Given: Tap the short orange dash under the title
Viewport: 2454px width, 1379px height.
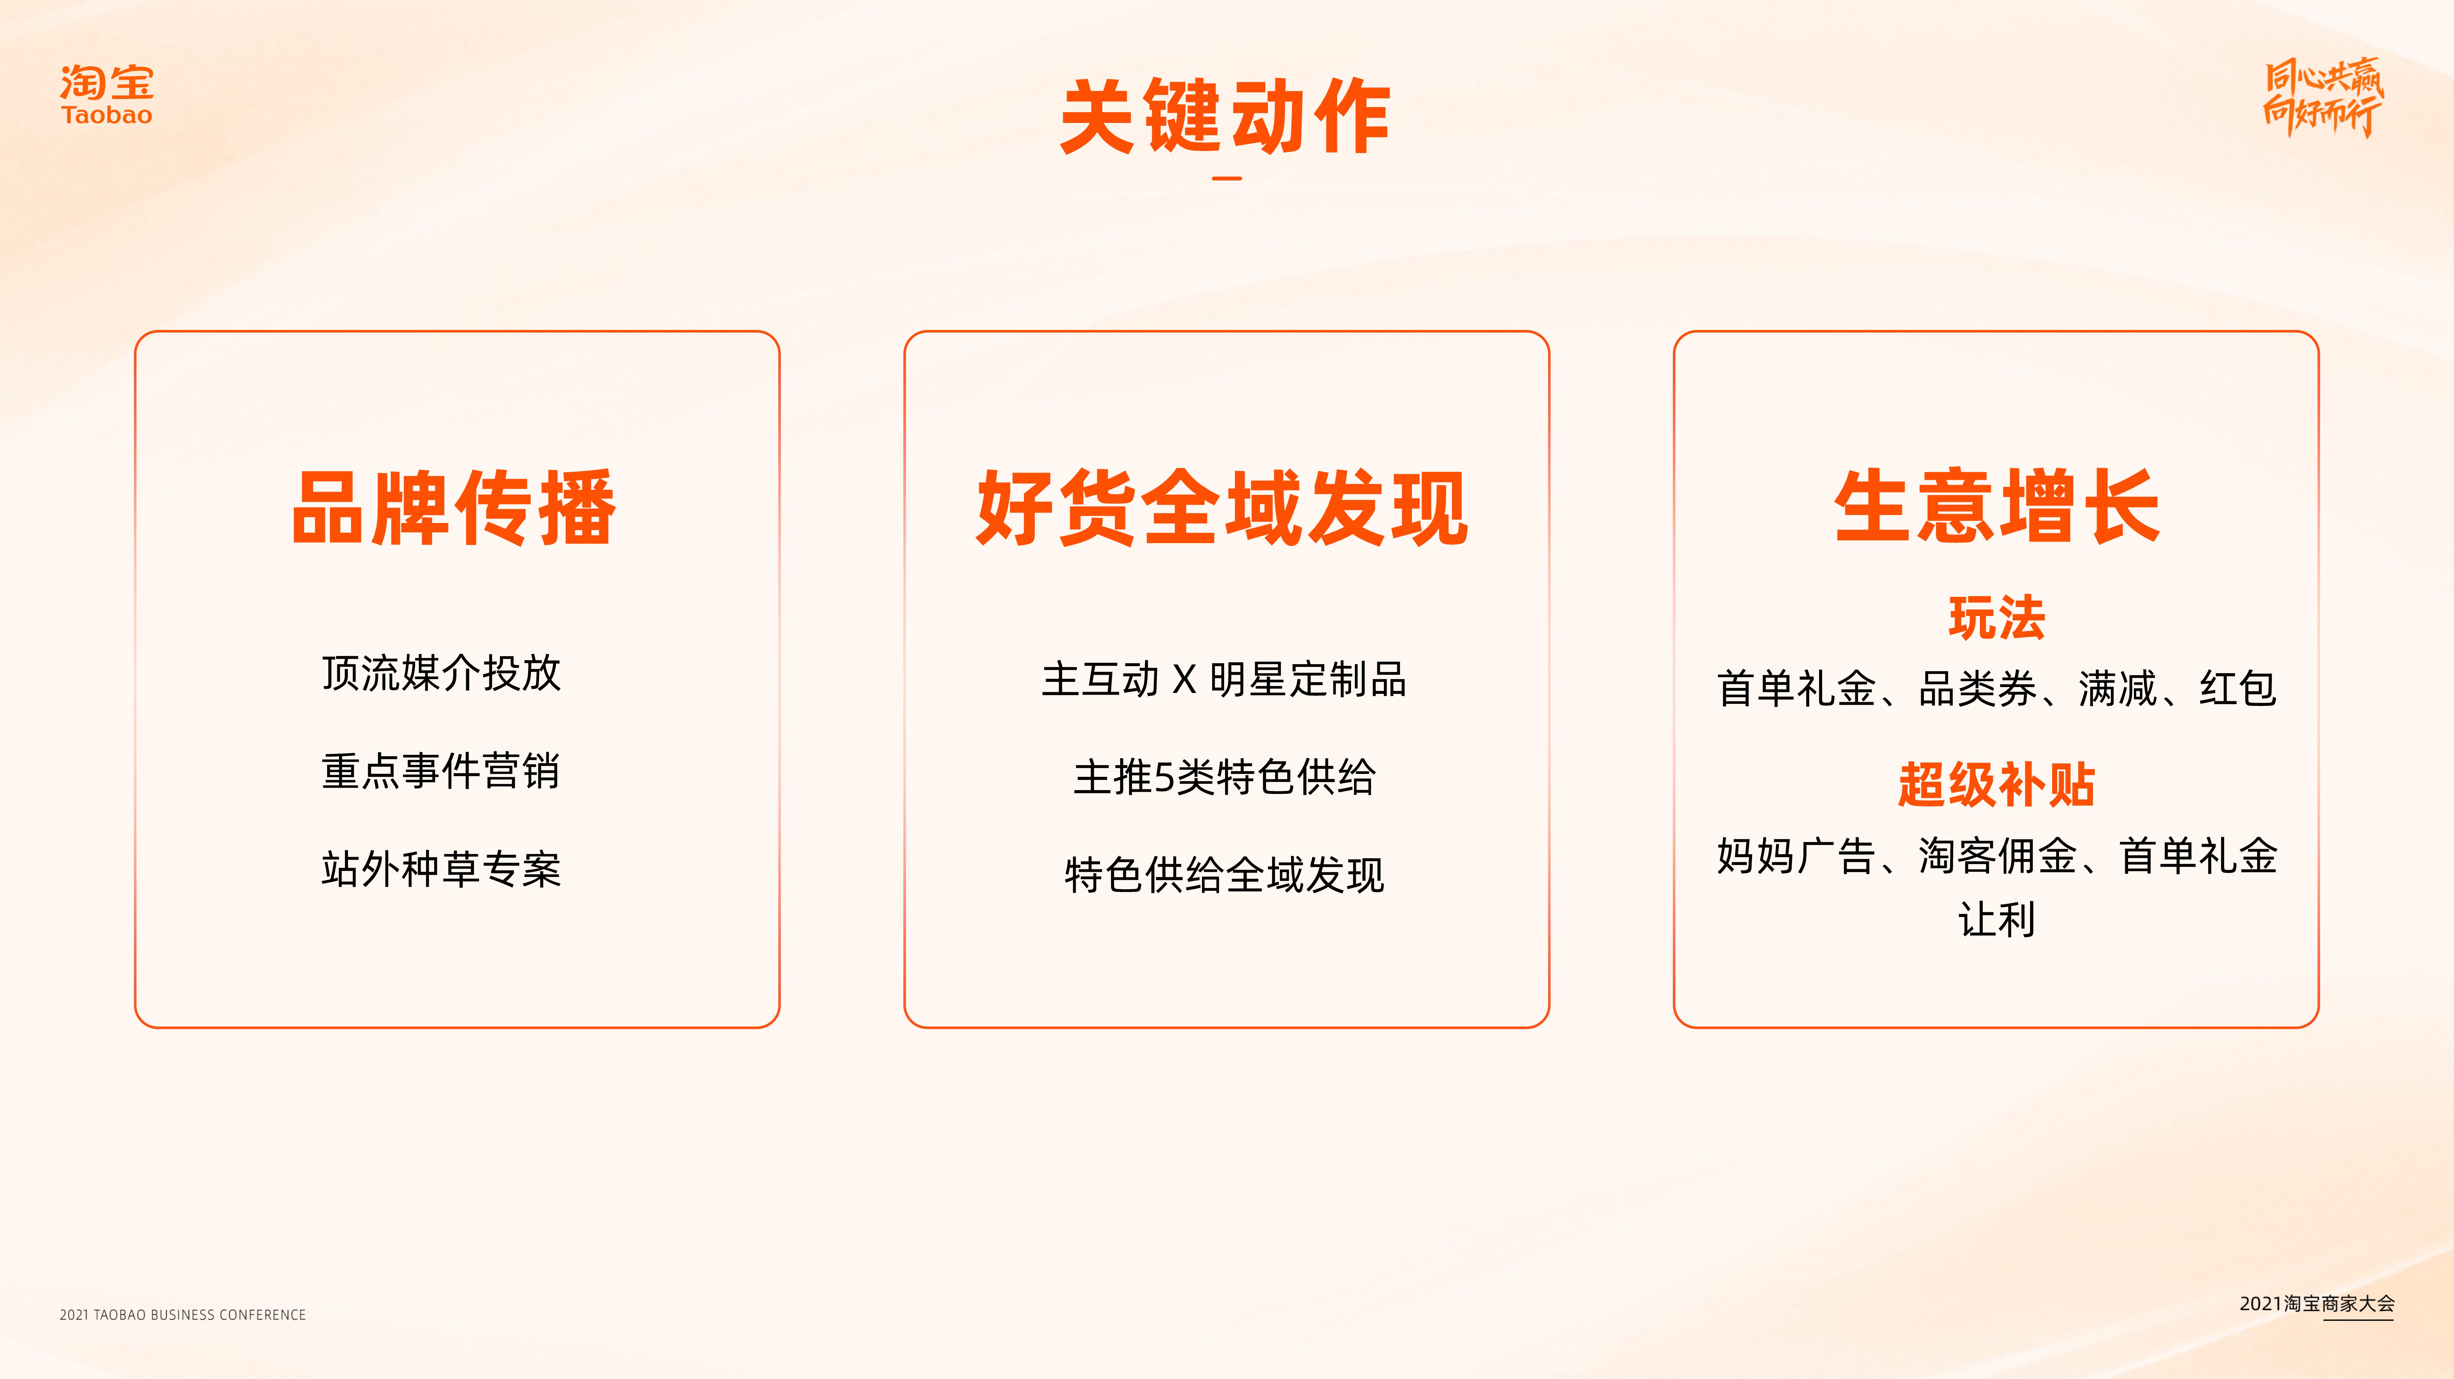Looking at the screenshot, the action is pos(1227,178).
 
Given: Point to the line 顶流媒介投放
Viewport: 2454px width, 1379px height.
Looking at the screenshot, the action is pos(441,673).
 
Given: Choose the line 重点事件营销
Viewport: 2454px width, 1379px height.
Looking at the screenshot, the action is pos(441,770).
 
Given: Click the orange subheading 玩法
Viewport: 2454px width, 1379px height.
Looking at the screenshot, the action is pos(1997,618).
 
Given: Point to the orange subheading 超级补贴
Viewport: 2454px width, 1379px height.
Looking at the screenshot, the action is pos(1997,785).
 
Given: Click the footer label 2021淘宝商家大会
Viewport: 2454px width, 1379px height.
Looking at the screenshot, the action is pos(2317,1304).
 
